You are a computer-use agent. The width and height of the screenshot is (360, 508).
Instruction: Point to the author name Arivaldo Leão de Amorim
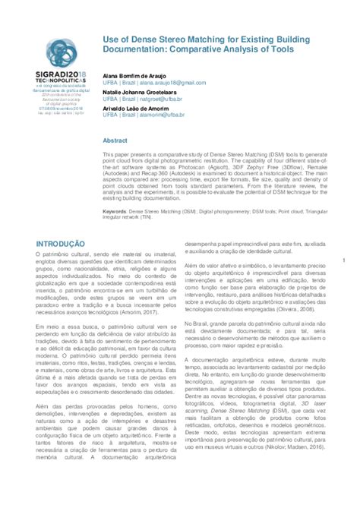coord(141,109)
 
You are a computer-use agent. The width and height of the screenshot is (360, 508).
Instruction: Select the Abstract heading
coord(115,141)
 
